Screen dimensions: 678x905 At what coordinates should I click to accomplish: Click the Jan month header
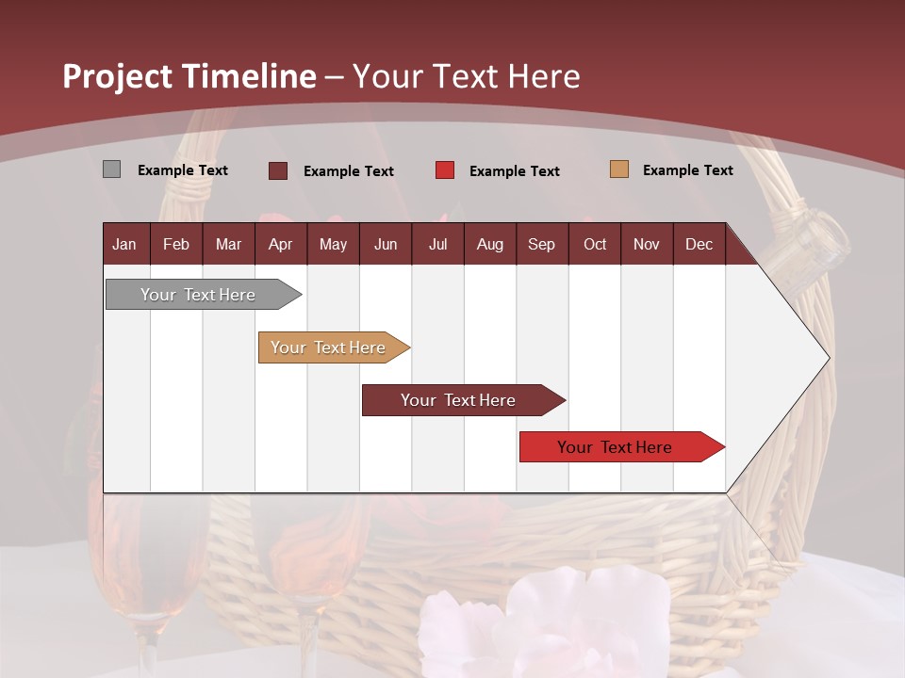(x=125, y=244)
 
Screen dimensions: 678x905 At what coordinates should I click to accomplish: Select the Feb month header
(x=176, y=244)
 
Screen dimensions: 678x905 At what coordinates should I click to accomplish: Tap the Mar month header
(x=228, y=244)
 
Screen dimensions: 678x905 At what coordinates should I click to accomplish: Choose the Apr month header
(x=281, y=244)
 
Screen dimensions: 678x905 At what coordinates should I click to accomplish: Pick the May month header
(x=333, y=244)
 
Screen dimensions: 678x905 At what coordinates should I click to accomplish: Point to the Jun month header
(x=386, y=244)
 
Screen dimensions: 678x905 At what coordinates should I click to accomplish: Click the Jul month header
(x=437, y=244)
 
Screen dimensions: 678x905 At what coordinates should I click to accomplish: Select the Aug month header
(x=490, y=244)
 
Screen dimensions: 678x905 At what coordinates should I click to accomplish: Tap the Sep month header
(x=542, y=244)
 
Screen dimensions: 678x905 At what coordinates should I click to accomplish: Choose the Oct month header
(x=595, y=244)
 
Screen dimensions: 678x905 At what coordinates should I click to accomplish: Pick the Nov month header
(x=647, y=244)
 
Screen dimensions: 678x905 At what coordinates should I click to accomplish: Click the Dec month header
(x=699, y=244)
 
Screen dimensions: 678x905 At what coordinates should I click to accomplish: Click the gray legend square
(x=111, y=169)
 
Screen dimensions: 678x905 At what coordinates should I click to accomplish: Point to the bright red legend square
(x=445, y=170)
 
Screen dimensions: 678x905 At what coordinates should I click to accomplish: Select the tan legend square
(x=618, y=169)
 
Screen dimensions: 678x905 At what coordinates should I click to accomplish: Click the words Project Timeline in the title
(x=189, y=76)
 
